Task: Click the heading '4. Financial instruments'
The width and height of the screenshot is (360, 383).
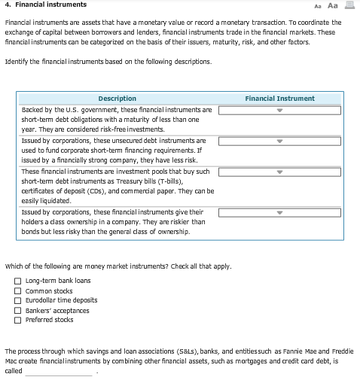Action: (x=45, y=5)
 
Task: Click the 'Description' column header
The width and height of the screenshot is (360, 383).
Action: (x=117, y=99)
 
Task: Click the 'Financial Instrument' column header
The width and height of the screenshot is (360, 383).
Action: (x=279, y=99)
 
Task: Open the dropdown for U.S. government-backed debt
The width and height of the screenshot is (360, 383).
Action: (x=279, y=110)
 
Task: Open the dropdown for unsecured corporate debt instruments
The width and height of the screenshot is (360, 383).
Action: (x=279, y=141)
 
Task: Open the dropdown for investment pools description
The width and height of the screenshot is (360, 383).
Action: (x=279, y=172)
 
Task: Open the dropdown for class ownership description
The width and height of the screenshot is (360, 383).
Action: (x=279, y=213)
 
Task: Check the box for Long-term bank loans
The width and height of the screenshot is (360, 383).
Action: (x=18, y=281)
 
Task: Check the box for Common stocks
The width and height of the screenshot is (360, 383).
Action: (x=18, y=291)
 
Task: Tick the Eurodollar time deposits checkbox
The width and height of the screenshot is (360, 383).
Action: (x=18, y=301)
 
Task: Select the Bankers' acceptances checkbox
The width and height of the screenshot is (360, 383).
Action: (x=18, y=311)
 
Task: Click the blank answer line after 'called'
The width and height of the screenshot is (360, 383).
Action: (x=60, y=371)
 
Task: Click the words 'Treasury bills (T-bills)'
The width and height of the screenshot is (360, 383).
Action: (x=160, y=182)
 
